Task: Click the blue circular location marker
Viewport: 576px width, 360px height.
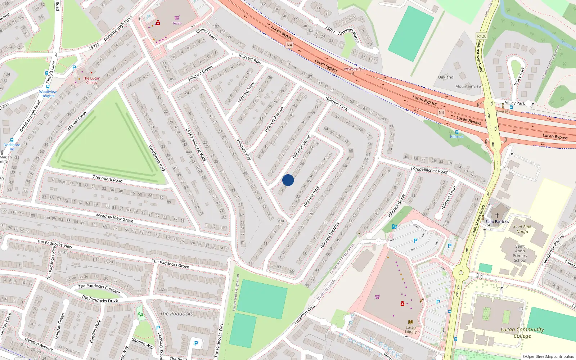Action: (x=288, y=180)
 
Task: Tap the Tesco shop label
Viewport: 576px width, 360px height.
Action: (x=177, y=23)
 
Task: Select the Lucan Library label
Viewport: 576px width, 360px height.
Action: (x=411, y=329)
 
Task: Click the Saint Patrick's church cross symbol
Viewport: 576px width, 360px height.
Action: (x=497, y=215)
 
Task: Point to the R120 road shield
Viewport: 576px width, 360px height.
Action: (x=482, y=36)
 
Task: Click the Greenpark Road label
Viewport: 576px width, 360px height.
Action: (x=107, y=179)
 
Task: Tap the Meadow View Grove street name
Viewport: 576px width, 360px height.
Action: (x=114, y=218)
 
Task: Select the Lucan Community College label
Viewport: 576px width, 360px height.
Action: (x=522, y=332)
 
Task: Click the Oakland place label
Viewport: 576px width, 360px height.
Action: (x=446, y=77)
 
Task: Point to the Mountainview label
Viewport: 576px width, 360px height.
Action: (x=468, y=86)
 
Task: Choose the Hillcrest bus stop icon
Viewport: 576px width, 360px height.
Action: (x=457, y=132)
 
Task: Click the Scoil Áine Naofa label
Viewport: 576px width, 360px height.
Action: (x=522, y=229)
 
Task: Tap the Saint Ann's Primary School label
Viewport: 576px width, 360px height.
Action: (x=520, y=253)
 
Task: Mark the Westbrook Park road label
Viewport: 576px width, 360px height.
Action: (x=157, y=158)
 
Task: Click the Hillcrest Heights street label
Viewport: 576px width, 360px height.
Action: (x=330, y=236)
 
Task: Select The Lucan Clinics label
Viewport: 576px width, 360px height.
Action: (x=91, y=80)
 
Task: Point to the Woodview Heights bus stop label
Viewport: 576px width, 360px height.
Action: (x=48, y=94)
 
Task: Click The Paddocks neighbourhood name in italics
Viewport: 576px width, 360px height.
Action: (x=176, y=314)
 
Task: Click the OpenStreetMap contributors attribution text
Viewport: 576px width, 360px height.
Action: (x=548, y=356)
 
